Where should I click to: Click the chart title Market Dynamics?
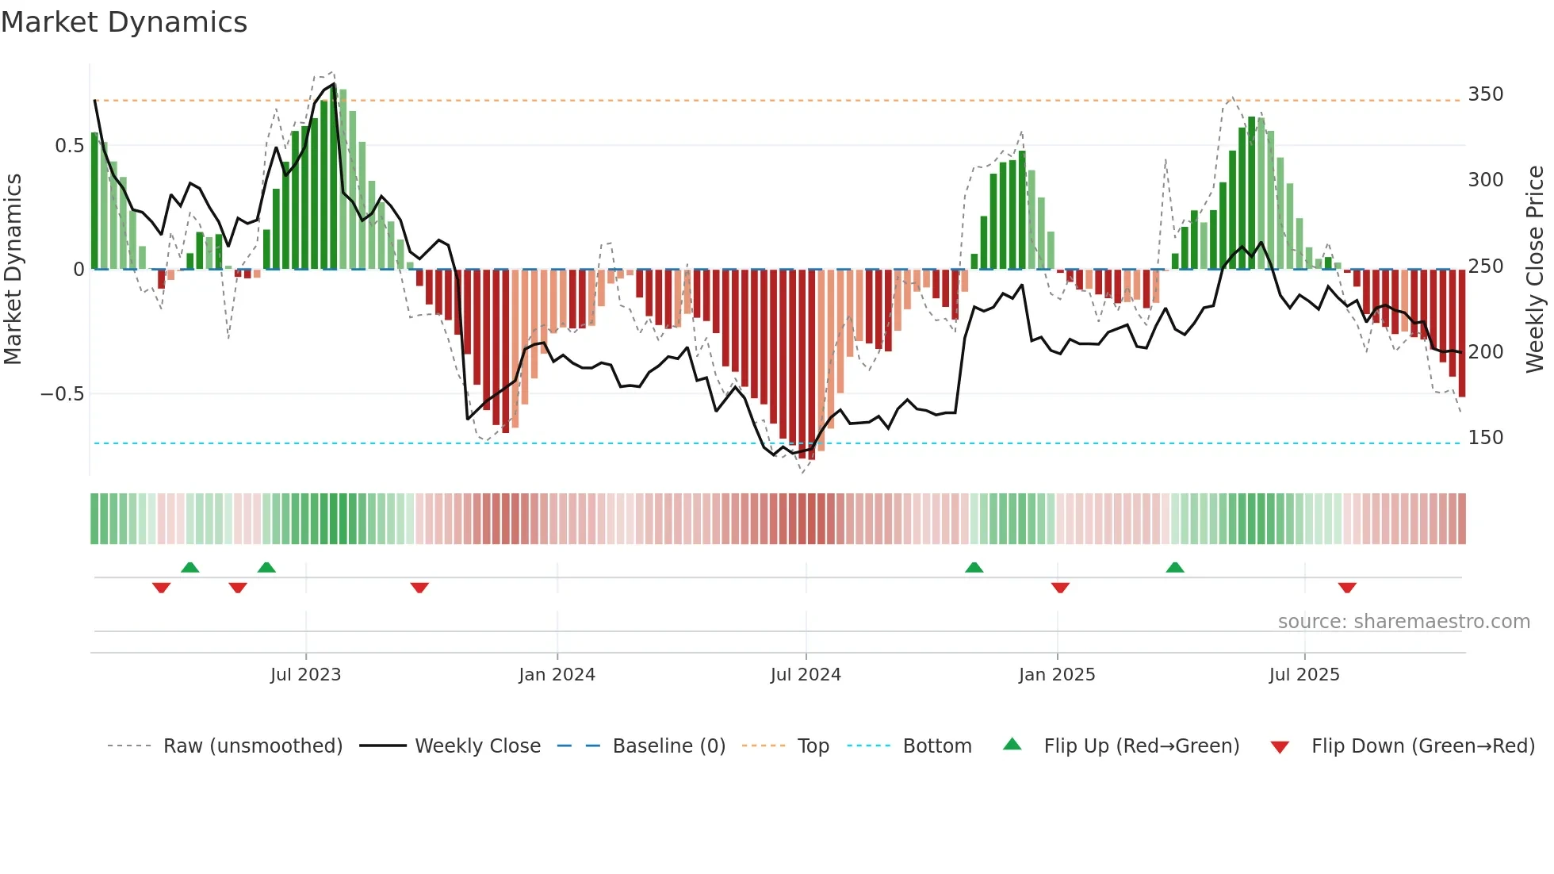(124, 22)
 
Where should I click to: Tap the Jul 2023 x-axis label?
(305, 675)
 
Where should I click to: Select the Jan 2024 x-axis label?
(557, 675)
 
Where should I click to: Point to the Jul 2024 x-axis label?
(806, 675)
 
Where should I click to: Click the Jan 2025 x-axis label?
(1057, 675)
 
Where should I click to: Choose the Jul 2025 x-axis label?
(1304, 675)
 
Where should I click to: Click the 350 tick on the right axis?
(1486, 94)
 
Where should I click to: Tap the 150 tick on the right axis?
(1486, 438)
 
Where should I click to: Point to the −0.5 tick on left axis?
(63, 394)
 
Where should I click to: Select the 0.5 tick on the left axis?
(70, 146)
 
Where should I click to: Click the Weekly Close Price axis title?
(1535, 270)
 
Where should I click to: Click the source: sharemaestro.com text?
(1403, 622)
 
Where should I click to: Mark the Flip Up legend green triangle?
(1012, 744)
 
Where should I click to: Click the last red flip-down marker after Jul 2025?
(1347, 588)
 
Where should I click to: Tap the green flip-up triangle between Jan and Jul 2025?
(1175, 567)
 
